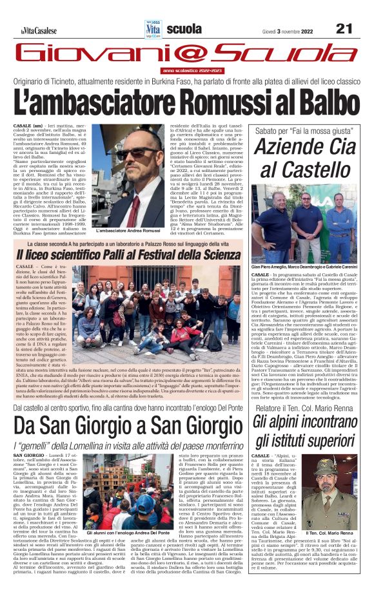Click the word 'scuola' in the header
tap(184, 28)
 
